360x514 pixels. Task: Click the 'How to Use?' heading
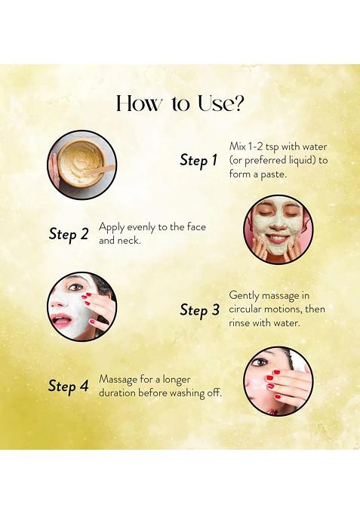click(x=180, y=103)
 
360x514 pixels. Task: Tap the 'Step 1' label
click(x=198, y=160)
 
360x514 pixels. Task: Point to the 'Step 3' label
click(x=200, y=310)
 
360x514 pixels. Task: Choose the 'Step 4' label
click(x=68, y=386)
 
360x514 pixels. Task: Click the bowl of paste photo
click(x=82, y=165)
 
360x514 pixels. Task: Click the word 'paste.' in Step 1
click(x=273, y=174)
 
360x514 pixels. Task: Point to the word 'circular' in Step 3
click(x=245, y=309)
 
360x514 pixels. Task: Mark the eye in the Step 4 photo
click(x=261, y=362)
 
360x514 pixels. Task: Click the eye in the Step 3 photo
click(x=76, y=288)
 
